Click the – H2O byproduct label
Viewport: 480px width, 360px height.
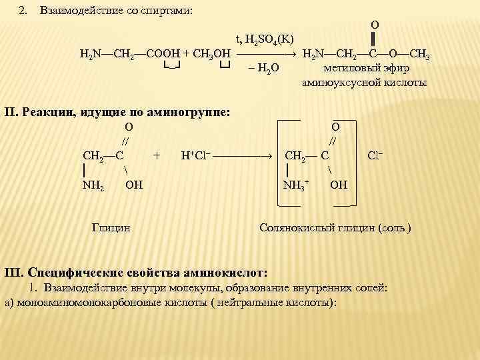(x=263, y=69)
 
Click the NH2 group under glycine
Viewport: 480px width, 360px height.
(x=93, y=185)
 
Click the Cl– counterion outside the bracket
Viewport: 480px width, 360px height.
(x=375, y=155)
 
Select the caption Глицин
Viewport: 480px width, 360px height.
(x=111, y=228)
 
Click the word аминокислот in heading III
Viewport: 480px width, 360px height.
(x=225, y=273)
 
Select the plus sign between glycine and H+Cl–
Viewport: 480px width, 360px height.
(x=157, y=155)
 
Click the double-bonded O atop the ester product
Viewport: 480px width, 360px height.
(x=375, y=24)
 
